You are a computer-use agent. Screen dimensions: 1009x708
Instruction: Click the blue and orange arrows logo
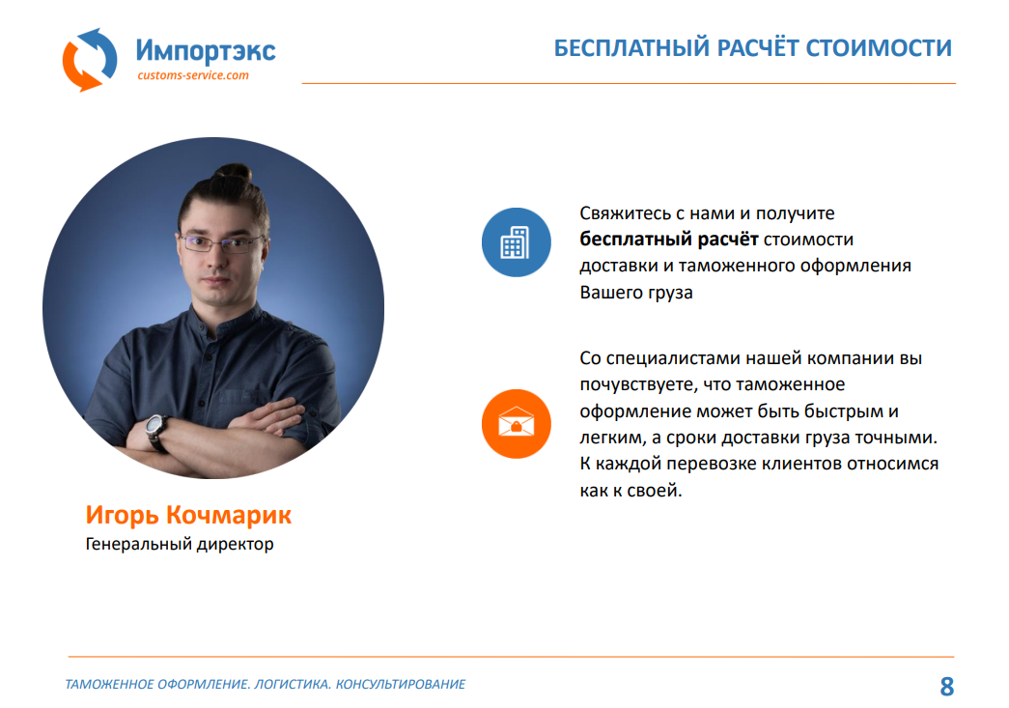(x=90, y=59)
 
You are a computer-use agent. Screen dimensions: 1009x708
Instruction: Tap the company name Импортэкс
(x=206, y=50)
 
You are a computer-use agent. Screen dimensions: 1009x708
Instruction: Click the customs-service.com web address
(x=193, y=75)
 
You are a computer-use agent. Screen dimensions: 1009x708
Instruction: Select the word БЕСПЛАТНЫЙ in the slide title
(x=631, y=48)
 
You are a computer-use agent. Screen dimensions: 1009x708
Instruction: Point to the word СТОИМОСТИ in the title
(x=879, y=48)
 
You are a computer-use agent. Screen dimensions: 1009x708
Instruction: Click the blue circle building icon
(x=516, y=242)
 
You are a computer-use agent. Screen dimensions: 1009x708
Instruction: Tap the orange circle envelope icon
(x=516, y=423)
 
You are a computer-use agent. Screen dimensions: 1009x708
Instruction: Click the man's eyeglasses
(x=221, y=242)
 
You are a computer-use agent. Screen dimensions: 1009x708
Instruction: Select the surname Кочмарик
(x=229, y=515)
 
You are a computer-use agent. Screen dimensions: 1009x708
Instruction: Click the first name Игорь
(x=123, y=516)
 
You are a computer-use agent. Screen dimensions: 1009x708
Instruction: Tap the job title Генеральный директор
(x=180, y=545)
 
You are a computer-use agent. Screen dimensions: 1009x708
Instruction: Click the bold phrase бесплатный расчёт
(x=668, y=240)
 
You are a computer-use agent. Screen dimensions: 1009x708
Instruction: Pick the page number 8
(x=946, y=686)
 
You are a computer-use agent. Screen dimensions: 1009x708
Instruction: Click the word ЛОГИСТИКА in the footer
(x=293, y=684)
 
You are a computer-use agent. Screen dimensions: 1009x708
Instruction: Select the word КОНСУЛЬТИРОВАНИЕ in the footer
(x=401, y=684)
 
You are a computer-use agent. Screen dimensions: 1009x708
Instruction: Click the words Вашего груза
(x=635, y=293)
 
